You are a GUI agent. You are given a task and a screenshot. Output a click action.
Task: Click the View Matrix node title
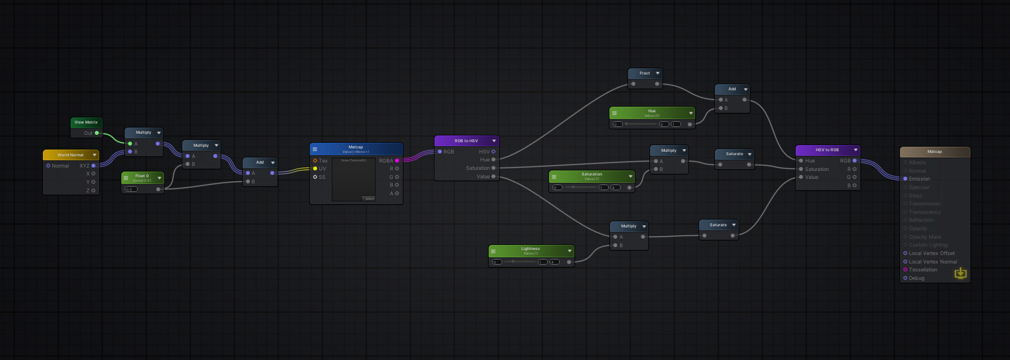point(86,122)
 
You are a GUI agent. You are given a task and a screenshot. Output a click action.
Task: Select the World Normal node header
point(70,155)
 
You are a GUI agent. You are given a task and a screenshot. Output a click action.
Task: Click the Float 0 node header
point(142,177)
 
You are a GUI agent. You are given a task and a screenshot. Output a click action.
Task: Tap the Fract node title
point(644,73)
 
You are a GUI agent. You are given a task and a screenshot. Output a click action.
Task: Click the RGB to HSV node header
point(466,141)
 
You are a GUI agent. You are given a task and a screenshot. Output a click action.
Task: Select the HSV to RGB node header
point(827,150)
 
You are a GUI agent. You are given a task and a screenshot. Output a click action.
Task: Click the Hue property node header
point(652,112)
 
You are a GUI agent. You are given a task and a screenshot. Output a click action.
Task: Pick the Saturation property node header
point(591,175)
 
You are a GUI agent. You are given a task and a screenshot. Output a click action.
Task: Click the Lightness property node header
point(530,249)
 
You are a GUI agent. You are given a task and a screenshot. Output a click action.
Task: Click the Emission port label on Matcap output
point(919,179)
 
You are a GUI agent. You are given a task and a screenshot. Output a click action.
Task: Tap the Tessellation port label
point(923,270)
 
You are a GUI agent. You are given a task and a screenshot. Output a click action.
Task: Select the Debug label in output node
point(916,278)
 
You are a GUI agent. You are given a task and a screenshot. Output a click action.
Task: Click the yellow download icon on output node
point(960,274)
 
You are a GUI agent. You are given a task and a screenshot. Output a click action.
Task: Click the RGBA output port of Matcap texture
point(397,161)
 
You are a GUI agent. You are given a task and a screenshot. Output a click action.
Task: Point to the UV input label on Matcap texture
point(322,169)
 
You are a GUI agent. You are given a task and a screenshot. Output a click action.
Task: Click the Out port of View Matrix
point(97,133)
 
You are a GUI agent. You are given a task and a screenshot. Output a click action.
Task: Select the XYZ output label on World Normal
point(84,166)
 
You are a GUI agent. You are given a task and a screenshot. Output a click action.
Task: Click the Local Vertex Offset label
point(932,253)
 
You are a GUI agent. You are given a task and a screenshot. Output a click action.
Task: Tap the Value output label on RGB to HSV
point(483,177)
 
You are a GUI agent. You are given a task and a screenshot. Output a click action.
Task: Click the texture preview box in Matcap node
point(353,179)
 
